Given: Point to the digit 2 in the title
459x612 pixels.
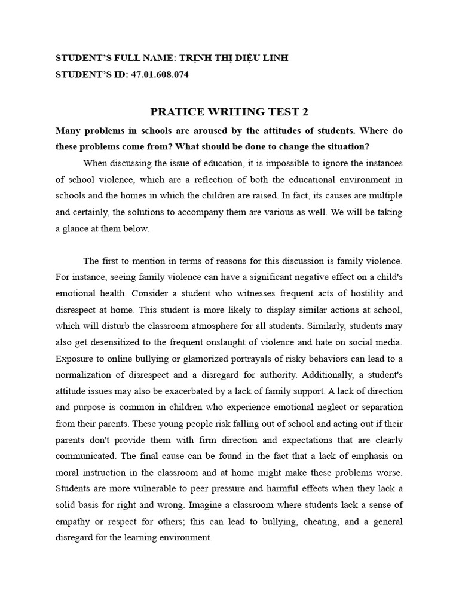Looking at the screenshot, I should (x=305, y=112).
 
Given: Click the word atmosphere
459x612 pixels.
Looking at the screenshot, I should (x=248, y=326).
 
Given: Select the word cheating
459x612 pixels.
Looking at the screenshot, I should (x=326, y=522).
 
